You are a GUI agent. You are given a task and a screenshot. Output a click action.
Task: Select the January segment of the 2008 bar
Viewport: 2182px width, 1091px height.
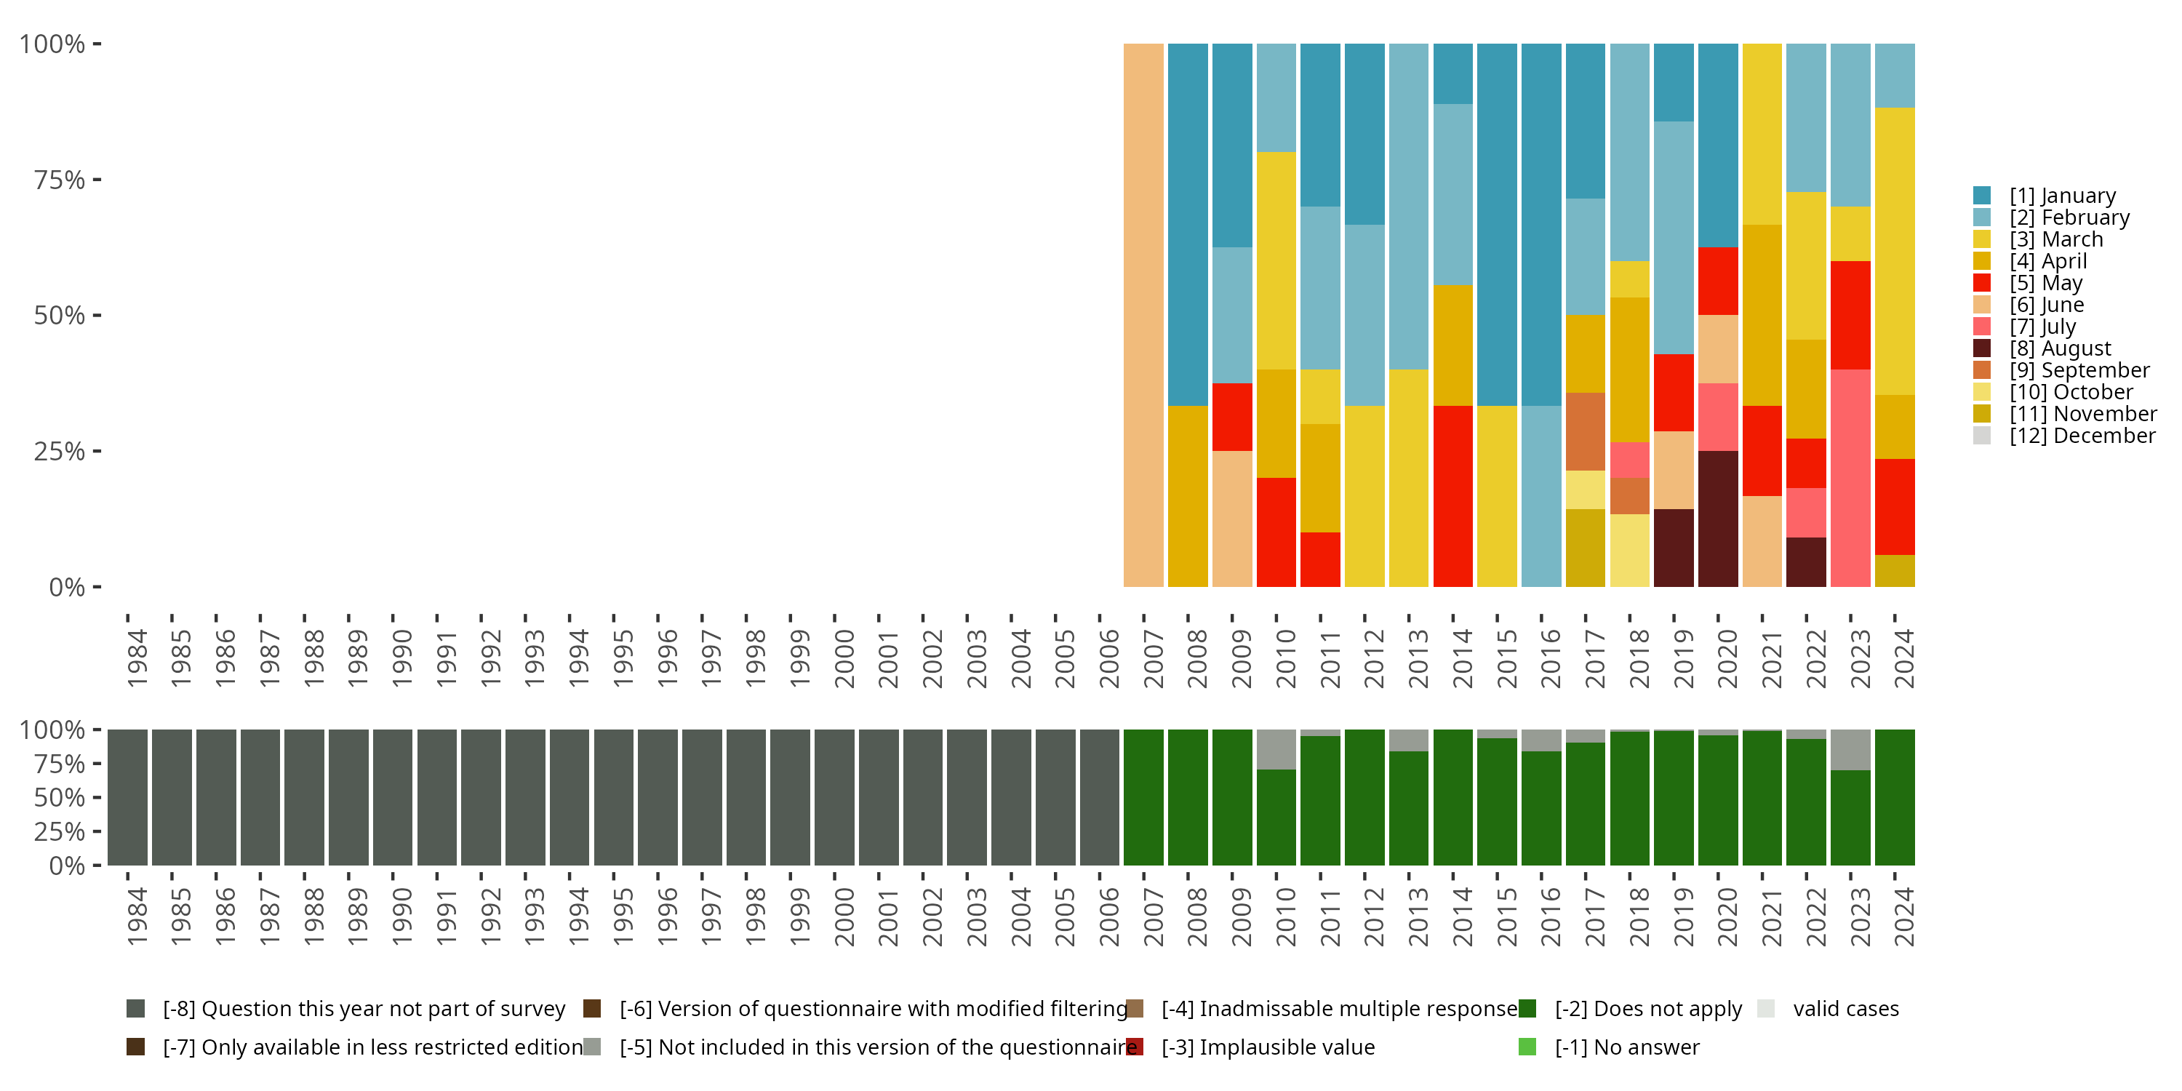click(x=1188, y=225)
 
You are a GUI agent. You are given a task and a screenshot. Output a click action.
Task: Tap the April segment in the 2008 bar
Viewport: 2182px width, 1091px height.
click(x=1188, y=496)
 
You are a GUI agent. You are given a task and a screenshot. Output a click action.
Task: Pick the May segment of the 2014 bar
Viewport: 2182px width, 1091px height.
click(x=1452, y=496)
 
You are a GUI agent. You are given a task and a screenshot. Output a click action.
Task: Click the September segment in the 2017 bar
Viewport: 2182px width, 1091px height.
click(x=1585, y=431)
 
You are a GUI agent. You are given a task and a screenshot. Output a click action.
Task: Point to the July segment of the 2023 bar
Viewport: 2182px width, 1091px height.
click(x=1850, y=478)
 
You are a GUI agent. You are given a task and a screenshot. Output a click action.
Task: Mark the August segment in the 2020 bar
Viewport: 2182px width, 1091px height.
click(x=1718, y=519)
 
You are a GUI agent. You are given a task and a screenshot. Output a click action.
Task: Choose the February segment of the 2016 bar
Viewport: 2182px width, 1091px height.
click(x=1540, y=496)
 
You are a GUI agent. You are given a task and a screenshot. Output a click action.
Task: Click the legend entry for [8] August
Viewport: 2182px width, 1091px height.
click(x=2060, y=348)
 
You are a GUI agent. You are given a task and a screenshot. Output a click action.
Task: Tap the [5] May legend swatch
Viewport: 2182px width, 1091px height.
click(x=1982, y=283)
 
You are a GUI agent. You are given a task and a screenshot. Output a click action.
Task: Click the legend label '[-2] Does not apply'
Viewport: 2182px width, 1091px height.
click(x=1647, y=1009)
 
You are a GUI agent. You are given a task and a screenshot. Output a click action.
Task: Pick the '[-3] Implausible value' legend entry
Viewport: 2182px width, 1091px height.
click(x=1267, y=1048)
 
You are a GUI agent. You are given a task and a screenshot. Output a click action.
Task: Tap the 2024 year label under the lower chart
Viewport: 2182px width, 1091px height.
click(x=1903, y=916)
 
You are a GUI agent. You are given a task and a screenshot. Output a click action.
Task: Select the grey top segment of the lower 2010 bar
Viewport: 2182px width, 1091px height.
click(x=1276, y=750)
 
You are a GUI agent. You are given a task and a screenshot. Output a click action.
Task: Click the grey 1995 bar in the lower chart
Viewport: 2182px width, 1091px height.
click(x=613, y=797)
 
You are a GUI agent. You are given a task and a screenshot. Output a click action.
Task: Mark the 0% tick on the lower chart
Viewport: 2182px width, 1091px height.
click(x=67, y=866)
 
